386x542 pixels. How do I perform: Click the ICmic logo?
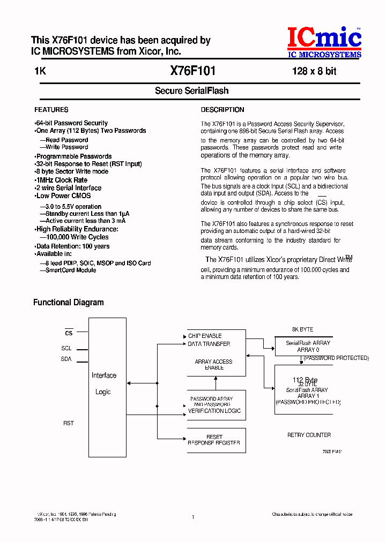[x=324, y=42]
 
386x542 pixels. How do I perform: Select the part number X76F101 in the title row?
[x=193, y=70]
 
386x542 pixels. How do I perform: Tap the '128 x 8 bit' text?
[x=314, y=71]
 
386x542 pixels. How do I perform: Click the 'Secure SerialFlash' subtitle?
[x=192, y=91]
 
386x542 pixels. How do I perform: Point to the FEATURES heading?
[x=51, y=110]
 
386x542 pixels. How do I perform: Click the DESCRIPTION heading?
[x=222, y=110]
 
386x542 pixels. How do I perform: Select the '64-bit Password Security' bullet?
[x=71, y=123]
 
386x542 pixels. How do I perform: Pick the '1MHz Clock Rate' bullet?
[x=61, y=180]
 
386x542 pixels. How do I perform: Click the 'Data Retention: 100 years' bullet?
[x=72, y=246]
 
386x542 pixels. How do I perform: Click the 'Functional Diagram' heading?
[x=69, y=303]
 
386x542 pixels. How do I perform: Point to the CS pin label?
[x=68, y=333]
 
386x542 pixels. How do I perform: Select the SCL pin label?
[x=66, y=348]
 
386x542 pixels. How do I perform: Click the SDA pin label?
[x=66, y=359]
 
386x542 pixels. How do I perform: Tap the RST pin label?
[x=68, y=423]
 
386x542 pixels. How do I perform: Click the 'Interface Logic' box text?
[x=103, y=383]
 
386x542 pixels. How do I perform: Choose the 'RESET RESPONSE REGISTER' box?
[x=214, y=440]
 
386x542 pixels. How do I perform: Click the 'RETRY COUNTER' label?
[x=309, y=435]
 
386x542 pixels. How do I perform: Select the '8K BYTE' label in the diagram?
[x=303, y=329]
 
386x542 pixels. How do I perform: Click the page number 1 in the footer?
[x=192, y=517]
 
